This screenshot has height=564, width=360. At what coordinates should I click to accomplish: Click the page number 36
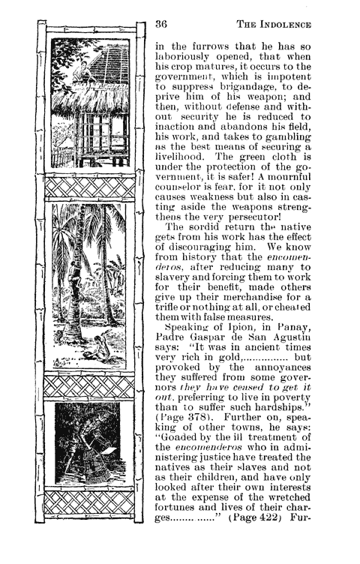coord(160,23)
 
